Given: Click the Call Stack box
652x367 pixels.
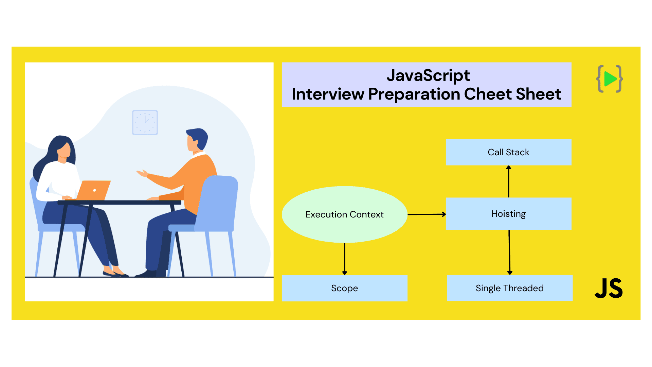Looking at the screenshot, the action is (x=508, y=152).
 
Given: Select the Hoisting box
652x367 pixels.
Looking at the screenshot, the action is (x=508, y=214).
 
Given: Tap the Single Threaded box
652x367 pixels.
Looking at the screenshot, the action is (x=509, y=288).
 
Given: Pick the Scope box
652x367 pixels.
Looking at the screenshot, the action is (x=344, y=288).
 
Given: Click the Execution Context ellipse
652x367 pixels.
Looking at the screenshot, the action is (x=344, y=214).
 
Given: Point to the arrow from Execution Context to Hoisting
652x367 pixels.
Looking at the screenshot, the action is (x=427, y=214).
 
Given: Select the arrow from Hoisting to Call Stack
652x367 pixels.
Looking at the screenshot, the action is (x=508, y=181).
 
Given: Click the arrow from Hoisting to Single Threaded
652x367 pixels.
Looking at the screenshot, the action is (x=509, y=252).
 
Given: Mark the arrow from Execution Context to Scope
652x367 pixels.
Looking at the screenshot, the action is (x=344, y=259).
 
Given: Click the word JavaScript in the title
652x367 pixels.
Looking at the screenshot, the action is (x=428, y=76).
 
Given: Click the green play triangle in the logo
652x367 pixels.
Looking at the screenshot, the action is (x=610, y=79).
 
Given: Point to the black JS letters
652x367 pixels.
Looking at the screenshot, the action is (x=609, y=289).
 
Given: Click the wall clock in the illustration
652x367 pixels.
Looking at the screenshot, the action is (x=145, y=122).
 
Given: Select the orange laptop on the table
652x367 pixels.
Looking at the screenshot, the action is (x=93, y=190).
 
